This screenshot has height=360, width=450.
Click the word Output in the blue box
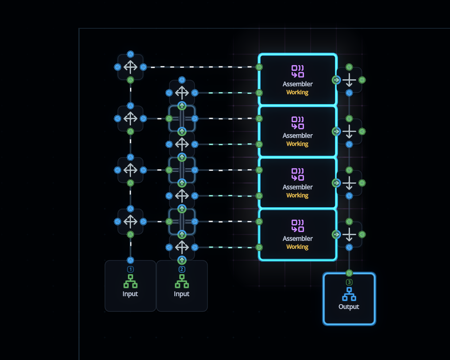click(x=349, y=307)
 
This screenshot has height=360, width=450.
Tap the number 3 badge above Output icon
click(x=349, y=282)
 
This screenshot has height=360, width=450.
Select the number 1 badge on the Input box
click(x=130, y=269)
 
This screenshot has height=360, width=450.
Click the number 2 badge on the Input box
click(x=182, y=269)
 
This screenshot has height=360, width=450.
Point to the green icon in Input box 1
click(x=130, y=281)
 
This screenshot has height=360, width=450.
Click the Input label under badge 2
click(x=182, y=294)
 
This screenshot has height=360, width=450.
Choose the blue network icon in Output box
click(x=349, y=294)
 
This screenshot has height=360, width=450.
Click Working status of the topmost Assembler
click(x=297, y=92)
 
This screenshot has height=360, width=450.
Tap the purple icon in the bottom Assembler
click(x=298, y=226)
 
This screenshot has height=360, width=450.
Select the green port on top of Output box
click(x=349, y=273)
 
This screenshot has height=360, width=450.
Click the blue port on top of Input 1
click(x=130, y=260)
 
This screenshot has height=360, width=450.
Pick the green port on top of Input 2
click(x=182, y=260)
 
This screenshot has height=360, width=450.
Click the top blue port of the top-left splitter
click(x=130, y=54)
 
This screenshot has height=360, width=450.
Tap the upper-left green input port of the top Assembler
click(x=259, y=67)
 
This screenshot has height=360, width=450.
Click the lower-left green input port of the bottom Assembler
click(x=259, y=248)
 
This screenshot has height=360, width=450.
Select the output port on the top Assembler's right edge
click(x=336, y=80)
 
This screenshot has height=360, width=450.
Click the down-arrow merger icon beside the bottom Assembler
click(x=349, y=234)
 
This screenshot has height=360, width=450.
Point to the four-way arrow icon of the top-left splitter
click(x=130, y=67)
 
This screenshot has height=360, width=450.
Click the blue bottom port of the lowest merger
click(x=349, y=248)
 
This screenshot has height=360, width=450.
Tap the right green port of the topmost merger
click(x=362, y=80)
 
